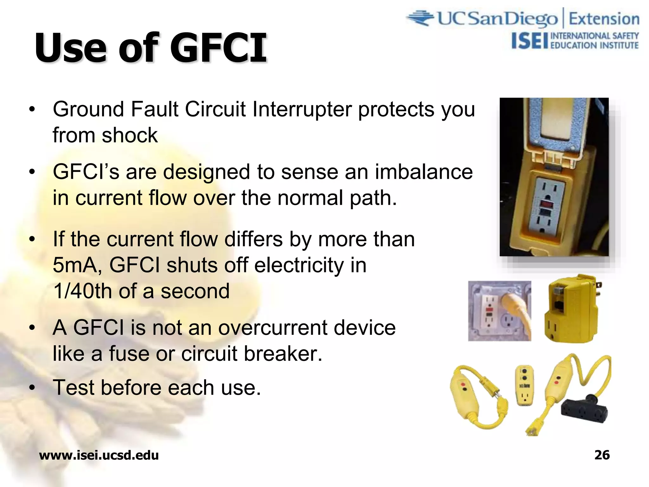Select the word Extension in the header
coord(604,19)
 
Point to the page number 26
coord(602,455)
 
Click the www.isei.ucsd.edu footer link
coord(99,455)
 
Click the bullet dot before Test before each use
coord(32,388)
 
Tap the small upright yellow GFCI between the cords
coord(524,385)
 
